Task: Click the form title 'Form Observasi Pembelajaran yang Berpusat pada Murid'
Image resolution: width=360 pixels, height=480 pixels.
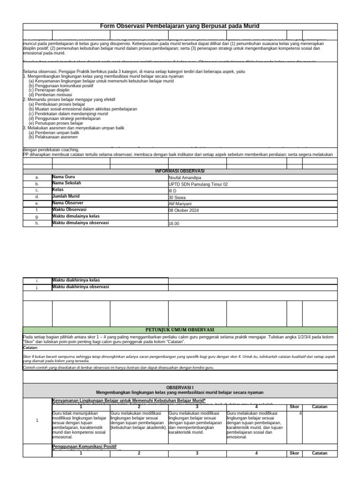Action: (180, 26)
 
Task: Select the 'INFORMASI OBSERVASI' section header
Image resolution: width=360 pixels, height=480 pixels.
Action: (180, 171)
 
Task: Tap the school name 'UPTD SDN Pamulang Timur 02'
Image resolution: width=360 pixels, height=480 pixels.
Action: (198, 185)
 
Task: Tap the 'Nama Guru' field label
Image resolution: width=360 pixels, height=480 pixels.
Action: (64, 177)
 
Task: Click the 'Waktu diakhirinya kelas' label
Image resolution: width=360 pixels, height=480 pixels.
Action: (76, 280)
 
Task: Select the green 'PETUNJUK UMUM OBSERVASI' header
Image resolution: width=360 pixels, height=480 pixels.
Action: (180, 330)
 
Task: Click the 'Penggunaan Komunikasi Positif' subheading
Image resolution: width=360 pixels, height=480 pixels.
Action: (84, 446)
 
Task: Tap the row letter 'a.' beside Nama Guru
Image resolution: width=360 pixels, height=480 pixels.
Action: (37, 178)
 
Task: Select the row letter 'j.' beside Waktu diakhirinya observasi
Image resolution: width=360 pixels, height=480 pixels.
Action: (37, 287)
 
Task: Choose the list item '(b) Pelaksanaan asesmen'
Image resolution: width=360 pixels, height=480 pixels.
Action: (53, 137)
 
